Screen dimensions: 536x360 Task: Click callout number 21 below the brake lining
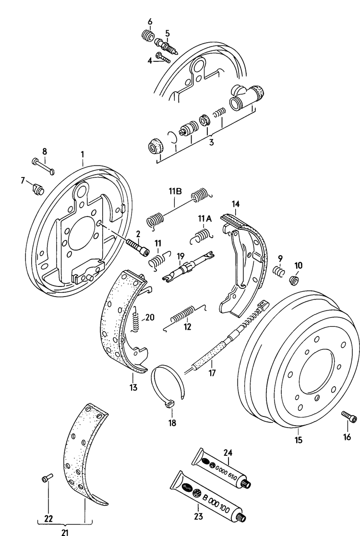(65, 531)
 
